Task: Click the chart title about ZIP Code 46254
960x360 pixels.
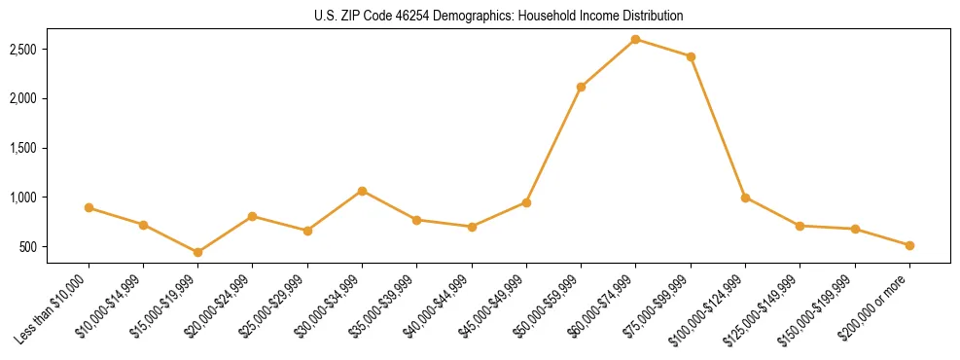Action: [x=498, y=17]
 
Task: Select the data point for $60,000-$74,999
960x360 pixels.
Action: [x=635, y=39]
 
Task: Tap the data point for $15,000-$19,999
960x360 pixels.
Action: [x=197, y=252]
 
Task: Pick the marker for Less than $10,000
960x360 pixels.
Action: [x=89, y=207]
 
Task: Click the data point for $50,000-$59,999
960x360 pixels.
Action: [x=581, y=87]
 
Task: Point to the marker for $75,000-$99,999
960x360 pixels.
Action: [x=691, y=56]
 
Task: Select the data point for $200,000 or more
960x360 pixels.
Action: [x=909, y=245]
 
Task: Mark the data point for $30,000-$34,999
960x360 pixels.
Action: [x=362, y=191]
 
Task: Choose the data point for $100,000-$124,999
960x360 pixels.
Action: [x=745, y=198]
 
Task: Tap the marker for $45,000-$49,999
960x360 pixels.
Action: [x=526, y=202]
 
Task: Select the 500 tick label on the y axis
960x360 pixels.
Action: [x=28, y=247]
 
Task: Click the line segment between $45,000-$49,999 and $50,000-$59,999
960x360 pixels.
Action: [x=553, y=144]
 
